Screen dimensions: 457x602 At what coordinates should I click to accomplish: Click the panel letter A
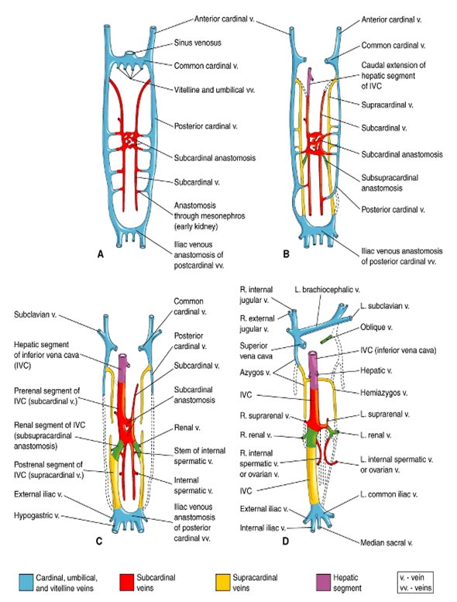(x=101, y=254)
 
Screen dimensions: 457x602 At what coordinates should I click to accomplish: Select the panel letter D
(x=286, y=541)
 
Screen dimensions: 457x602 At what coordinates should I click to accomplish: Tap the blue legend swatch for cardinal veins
(x=26, y=583)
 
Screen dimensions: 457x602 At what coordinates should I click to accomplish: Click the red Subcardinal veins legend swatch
(x=126, y=583)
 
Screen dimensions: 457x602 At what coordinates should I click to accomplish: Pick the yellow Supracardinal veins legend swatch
(x=223, y=583)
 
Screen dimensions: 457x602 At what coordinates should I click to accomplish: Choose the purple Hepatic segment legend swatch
(x=323, y=583)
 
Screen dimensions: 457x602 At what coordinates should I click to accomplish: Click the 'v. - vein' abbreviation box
(x=415, y=583)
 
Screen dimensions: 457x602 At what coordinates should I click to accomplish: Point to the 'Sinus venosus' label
(x=198, y=43)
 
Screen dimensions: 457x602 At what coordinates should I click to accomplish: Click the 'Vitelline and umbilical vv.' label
(x=214, y=90)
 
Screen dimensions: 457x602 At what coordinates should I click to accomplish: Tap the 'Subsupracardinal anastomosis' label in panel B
(x=390, y=183)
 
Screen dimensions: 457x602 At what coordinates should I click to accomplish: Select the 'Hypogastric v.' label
(x=36, y=515)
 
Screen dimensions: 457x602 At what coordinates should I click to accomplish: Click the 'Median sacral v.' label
(x=386, y=542)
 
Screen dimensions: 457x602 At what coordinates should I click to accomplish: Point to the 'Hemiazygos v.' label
(x=383, y=393)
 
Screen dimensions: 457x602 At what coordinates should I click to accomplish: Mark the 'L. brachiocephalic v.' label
(x=327, y=290)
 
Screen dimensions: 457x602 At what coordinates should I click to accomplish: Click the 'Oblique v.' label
(x=376, y=327)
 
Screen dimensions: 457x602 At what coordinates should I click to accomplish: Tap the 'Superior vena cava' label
(x=256, y=351)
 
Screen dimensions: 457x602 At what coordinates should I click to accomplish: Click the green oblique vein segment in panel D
(x=327, y=339)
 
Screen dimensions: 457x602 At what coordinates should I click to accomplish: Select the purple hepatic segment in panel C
(x=124, y=368)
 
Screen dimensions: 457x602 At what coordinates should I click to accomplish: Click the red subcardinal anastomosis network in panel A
(x=129, y=140)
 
